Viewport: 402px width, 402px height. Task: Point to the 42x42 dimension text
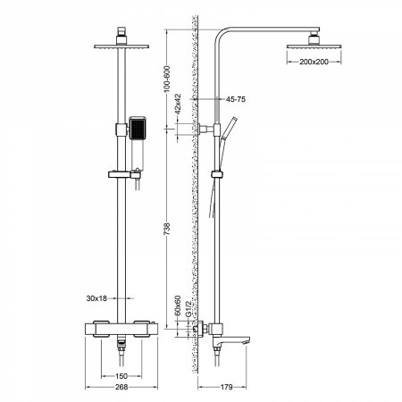point(179,112)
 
